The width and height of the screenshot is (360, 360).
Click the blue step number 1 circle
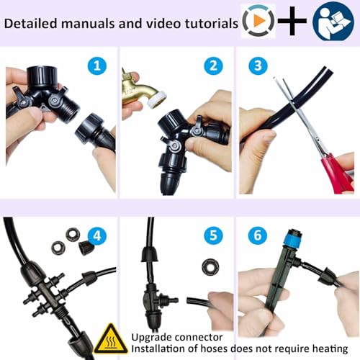[x=97, y=66]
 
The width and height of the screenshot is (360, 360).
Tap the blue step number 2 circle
[x=213, y=66]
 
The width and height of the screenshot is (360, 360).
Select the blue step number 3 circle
[x=258, y=66]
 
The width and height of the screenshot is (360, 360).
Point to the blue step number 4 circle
[x=97, y=236]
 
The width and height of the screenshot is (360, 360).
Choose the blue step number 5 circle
[x=213, y=235]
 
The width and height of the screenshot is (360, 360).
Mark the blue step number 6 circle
[x=258, y=235]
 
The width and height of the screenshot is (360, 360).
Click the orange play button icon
[x=259, y=21]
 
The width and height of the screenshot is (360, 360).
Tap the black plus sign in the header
[x=292, y=22]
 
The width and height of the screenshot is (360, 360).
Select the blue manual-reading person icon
[x=333, y=21]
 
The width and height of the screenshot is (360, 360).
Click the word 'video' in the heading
[x=163, y=23]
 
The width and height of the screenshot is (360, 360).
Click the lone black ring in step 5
[x=210, y=266]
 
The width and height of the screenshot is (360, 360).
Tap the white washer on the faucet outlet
[x=158, y=98]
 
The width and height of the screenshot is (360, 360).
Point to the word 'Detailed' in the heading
[x=31, y=23]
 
